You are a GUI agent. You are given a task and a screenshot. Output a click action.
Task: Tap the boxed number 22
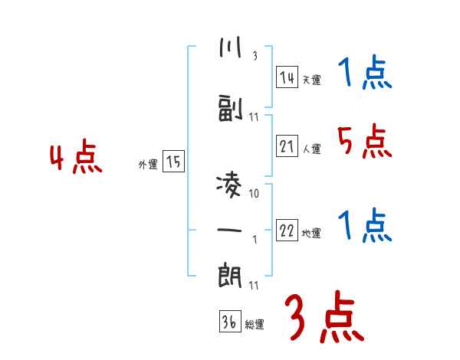click(287, 230)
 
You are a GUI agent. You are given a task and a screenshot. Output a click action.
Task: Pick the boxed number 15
click(173, 162)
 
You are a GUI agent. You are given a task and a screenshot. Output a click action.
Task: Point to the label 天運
click(310, 79)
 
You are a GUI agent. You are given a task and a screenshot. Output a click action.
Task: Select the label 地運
click(310, 233)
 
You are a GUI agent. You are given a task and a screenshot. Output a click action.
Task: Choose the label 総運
click(255, 325)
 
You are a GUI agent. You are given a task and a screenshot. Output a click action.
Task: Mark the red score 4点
click(74, 159)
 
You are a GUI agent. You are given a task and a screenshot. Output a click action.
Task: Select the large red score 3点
click(324, 318)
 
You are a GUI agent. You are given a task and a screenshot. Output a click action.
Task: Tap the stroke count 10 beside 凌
click(254, 193)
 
